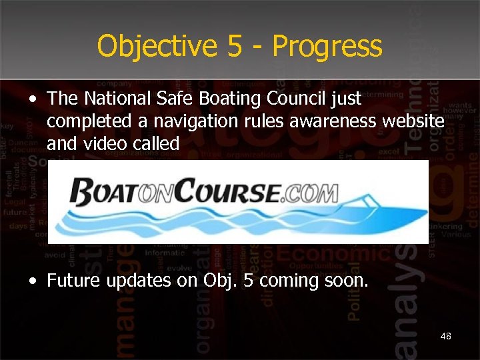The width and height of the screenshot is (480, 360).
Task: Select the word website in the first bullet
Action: [414, 121]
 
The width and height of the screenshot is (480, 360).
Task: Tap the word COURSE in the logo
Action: [233, 193]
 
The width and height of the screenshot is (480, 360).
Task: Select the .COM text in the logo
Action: [313, 193]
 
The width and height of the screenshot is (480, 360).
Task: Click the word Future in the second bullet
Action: [71, 281]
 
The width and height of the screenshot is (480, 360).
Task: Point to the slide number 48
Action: [445, 336]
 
